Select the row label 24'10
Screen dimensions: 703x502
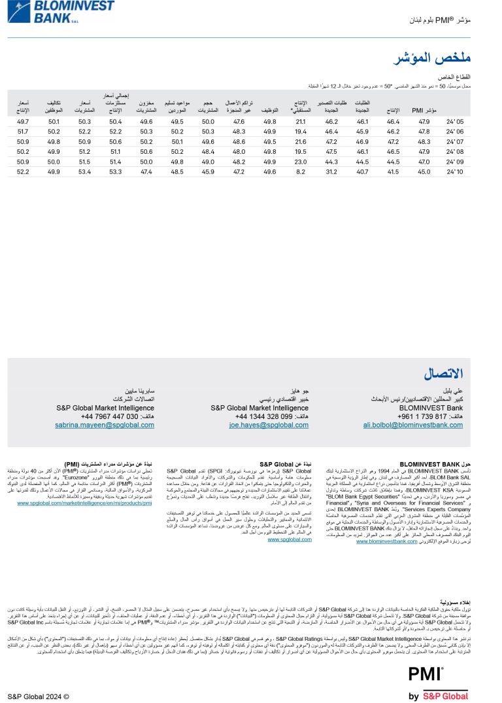point(455,171)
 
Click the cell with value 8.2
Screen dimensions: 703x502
point(301,171)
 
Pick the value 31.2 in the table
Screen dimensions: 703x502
point(331,171)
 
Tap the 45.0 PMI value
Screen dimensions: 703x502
point(424,171)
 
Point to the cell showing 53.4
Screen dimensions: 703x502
point(84,171)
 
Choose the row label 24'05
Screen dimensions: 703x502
point(455,122)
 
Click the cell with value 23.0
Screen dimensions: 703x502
point(301,162)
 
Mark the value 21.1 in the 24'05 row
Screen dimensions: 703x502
point(301,122)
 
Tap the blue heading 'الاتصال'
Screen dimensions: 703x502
point(443,374)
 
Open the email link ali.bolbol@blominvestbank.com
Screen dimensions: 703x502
point(412,425)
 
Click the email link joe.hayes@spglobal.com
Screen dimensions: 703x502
point(269,425)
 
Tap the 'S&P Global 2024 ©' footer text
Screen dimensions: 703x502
point(38,696)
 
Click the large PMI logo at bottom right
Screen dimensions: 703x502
point(426,675)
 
